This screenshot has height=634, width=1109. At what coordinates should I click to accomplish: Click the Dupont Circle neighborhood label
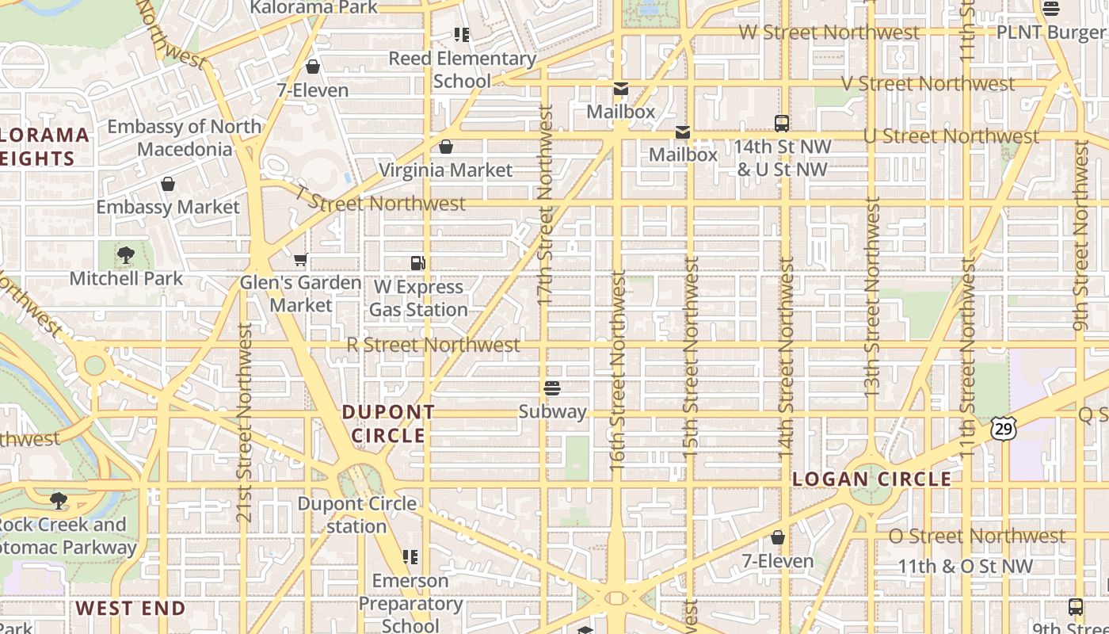[x=388, y=424]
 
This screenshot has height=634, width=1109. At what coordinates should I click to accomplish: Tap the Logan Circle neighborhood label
[x=872, y=479]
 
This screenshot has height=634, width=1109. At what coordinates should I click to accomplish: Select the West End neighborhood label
[x=131, y=609]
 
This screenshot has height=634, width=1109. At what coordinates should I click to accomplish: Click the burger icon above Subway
[x=552, y=388]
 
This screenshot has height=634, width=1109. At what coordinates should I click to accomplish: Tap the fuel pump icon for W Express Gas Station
[x=418, y=263]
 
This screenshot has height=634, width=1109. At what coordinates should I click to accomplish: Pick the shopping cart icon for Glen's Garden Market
[x=300, y=259]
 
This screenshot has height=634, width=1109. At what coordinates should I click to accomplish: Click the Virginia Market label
[x=445, y=170]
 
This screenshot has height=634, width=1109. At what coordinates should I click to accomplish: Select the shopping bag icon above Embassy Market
[x=168, y=185]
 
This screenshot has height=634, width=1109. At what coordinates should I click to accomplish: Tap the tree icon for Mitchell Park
[x=125, y=255]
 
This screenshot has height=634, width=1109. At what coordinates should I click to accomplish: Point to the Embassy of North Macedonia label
[x=185, y=138]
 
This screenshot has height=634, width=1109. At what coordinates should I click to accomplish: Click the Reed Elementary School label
[x=462, y=70]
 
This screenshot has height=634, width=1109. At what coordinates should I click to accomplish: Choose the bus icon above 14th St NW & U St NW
[x=782, y=124]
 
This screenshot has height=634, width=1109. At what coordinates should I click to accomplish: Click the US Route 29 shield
[x=1002, y=429]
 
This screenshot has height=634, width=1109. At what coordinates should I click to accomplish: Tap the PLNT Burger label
[x=1051, y=32]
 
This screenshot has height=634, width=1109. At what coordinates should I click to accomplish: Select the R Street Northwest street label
[x=433, y=345]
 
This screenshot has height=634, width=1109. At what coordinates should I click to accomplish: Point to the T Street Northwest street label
[x=380, y=200]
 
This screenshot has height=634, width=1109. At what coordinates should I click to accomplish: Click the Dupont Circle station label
[x=356, y=515]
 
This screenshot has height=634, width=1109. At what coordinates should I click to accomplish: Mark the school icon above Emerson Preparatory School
[x=410, y=557]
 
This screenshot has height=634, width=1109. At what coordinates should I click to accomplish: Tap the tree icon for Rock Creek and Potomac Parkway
[x=58, y=501]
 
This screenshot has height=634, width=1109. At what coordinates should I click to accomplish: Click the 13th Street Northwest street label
[x=871, y=297]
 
